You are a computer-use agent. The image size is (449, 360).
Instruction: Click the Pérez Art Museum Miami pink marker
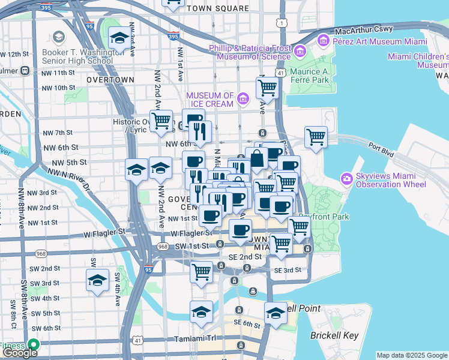coord(324,40)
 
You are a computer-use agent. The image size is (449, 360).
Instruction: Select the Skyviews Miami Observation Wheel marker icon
coord(346,179)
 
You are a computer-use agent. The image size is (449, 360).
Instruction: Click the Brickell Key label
coord(334,335)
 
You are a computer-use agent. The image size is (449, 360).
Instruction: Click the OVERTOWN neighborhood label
coord(110,79)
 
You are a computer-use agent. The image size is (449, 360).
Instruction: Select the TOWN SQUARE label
coord(217,9)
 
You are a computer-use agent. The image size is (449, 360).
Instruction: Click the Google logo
coord(19,353)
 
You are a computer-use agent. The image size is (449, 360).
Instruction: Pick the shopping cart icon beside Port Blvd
coord(316,137)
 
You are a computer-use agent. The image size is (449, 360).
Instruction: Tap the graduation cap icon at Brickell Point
coord(276,313)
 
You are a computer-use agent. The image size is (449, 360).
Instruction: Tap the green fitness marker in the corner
coord(33,344)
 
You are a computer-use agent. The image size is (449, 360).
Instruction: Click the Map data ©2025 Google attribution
coord(412,355)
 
